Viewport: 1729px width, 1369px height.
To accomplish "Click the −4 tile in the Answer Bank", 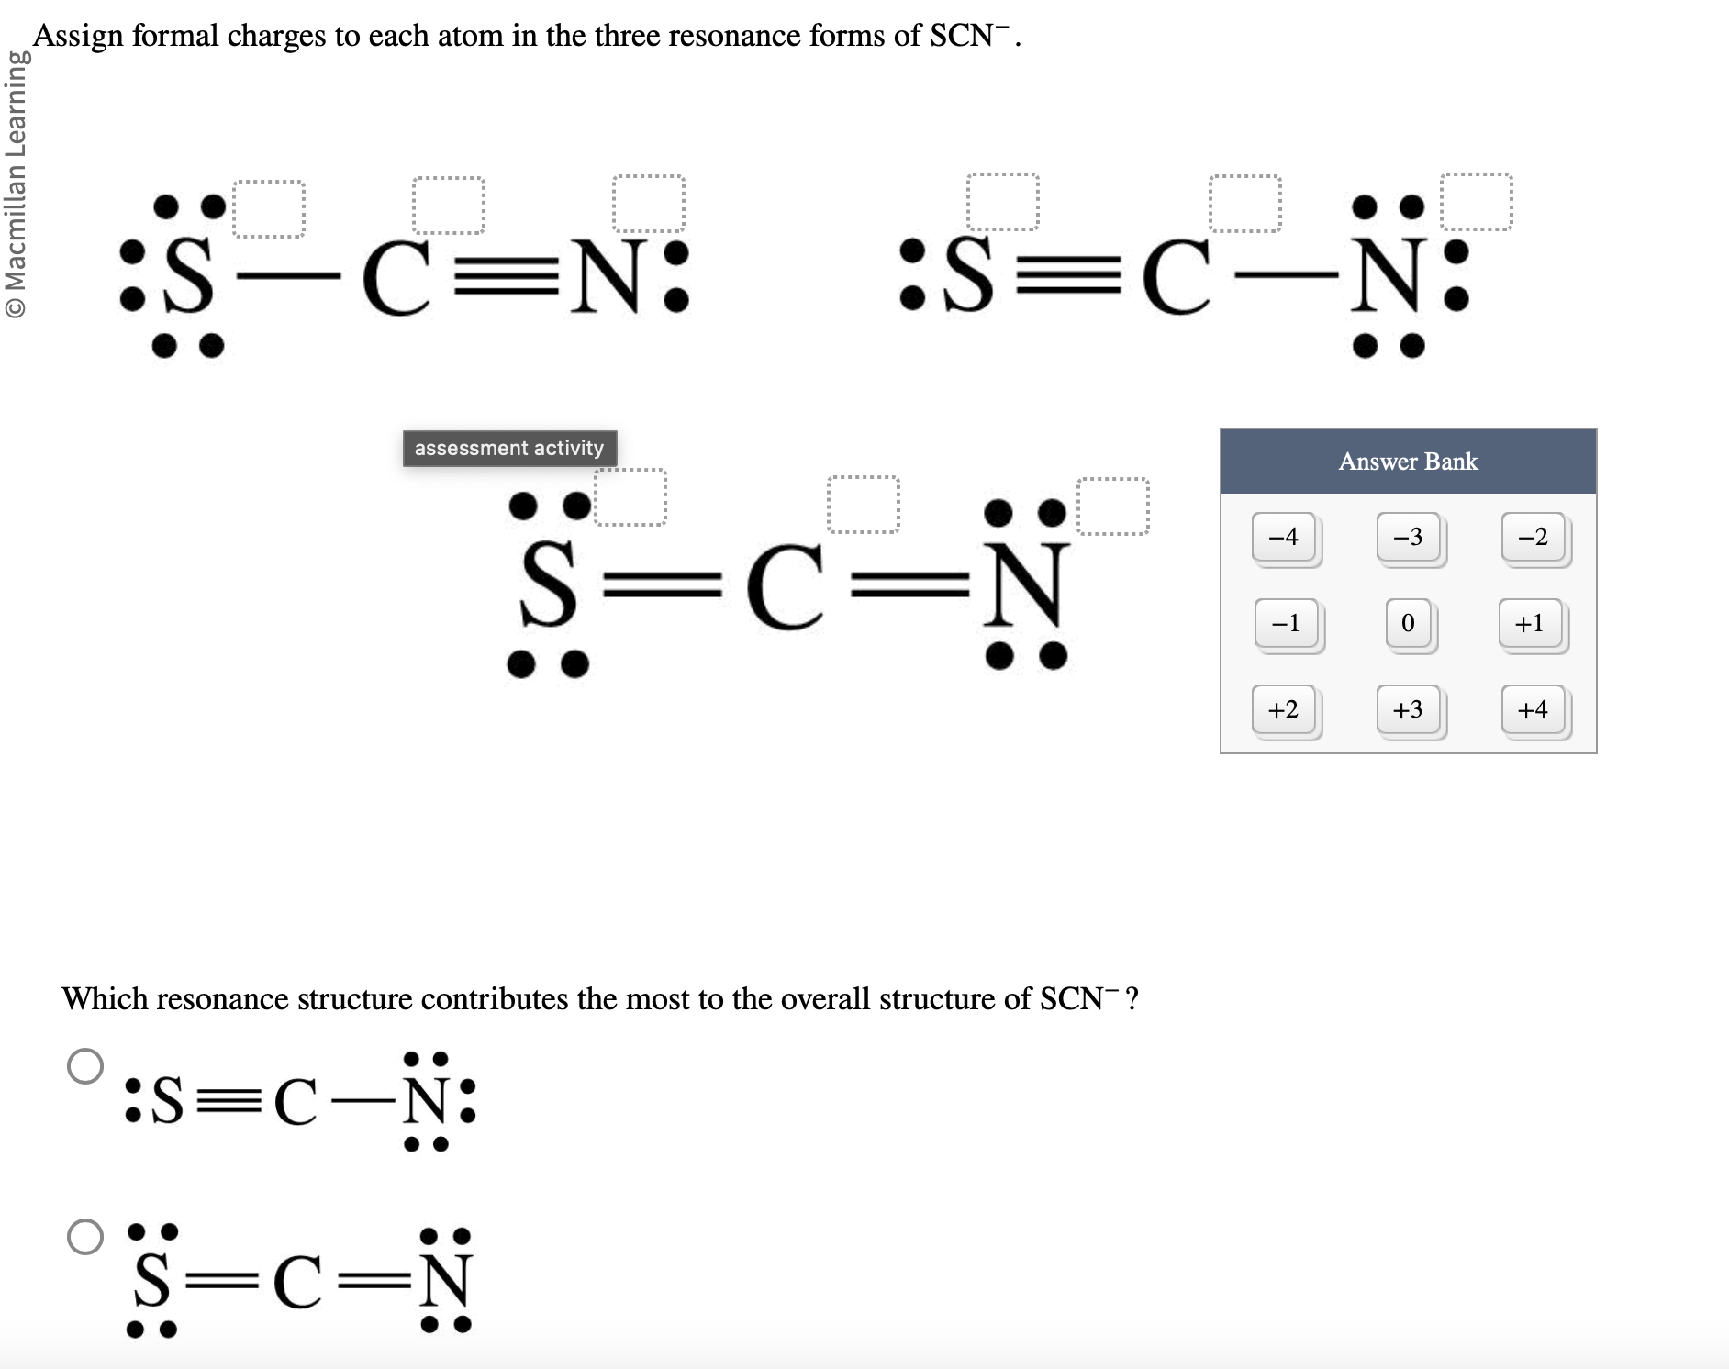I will click(1284, 537).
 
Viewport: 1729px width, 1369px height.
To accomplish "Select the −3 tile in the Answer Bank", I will click(1408, 537).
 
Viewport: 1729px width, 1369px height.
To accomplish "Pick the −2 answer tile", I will click(1533, 537).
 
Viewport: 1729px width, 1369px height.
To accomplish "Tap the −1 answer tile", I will click(1286, 623).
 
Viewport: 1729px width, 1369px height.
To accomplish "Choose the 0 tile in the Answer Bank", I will click(1408, 623).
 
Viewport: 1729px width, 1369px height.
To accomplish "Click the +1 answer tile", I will click(1530, 623).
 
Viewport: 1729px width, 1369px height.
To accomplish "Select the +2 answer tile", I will click(1284, 709).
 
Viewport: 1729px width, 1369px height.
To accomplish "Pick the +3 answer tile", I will click(1408, 709).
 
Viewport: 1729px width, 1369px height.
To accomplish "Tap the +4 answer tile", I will click(1533, 709).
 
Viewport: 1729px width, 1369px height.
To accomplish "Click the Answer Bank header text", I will click(1408, 462).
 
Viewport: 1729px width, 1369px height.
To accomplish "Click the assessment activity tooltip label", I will click(509, 449).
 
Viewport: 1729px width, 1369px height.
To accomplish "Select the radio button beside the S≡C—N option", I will click(85, 1065).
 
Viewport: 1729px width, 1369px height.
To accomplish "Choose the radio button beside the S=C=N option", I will click(85, 1236).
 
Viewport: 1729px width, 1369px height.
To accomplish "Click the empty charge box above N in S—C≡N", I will click(649, 203).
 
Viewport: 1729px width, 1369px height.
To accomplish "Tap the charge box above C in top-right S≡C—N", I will click(1244, 203).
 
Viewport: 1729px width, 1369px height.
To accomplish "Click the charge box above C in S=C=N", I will click(864, 505).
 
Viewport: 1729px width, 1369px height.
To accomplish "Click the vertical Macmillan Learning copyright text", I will click(15, 184).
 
